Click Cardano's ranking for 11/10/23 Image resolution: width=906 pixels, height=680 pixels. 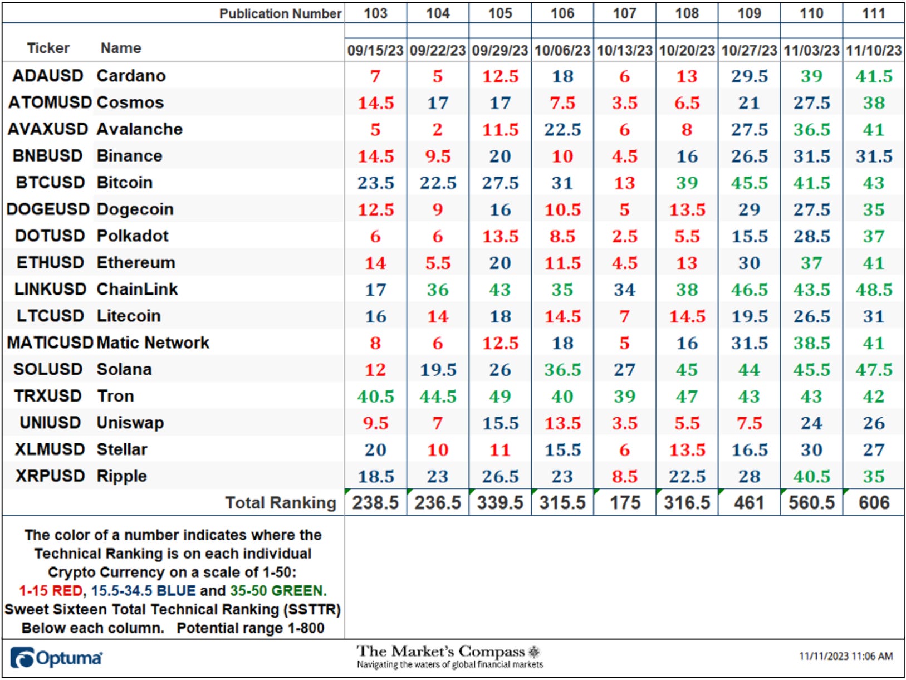[x=873, y=76]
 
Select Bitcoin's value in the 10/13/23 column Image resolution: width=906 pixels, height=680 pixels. [x=624, y=183]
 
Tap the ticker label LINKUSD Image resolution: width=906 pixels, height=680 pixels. [x=50, y=289]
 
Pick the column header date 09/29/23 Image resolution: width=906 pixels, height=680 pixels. [x=500, y=50]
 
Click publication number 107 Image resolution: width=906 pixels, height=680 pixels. [x=624, y=13]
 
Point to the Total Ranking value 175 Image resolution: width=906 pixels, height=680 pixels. [x=625, y=502]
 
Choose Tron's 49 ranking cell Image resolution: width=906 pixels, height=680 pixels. [x=500, y=397]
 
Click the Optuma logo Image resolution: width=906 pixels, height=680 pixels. [x=56, y=658]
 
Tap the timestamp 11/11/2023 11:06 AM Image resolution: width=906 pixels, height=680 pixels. [x=846, y=656]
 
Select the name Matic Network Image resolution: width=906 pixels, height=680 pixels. [x=153, y=343]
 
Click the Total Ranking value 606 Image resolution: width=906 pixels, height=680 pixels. [x=873, y=502]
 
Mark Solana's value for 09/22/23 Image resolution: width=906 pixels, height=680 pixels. [x=438, y=370]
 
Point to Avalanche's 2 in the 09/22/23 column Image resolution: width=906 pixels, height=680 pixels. [x=438, y=130]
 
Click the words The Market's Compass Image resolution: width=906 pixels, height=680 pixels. [x=440, y=652]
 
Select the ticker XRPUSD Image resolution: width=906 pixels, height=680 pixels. [x=50, y=476]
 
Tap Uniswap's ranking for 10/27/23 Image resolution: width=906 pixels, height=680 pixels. [x=749, y=423]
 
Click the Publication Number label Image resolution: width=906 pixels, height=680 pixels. [x=280, y=13]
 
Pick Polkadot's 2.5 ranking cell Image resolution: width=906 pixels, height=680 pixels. [x=624, y=237]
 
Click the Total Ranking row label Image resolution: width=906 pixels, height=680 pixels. [x=281, y=502]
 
